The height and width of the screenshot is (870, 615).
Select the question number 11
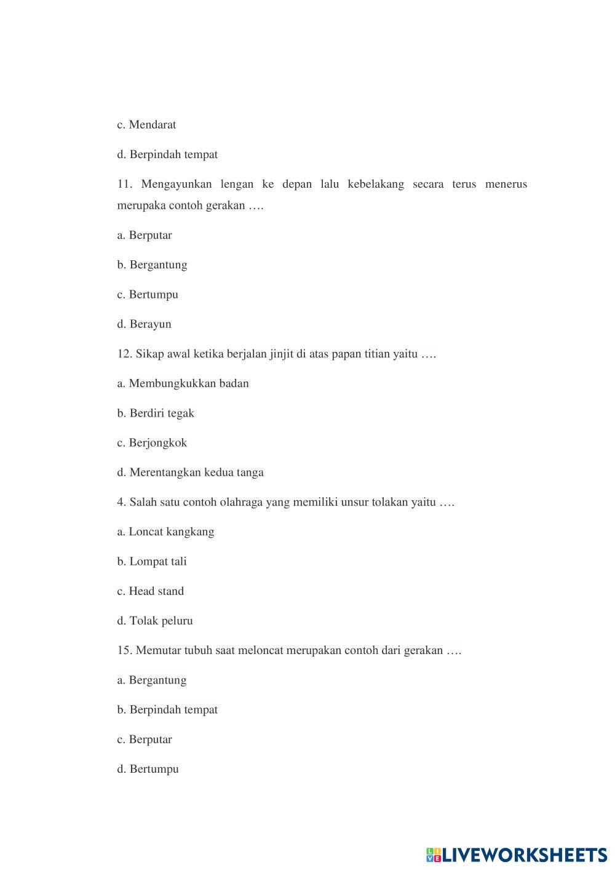click(x=125, y=184)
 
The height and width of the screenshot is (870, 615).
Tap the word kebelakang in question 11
click(x=375, y=184)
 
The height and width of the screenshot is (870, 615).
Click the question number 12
click(x=124, y=354)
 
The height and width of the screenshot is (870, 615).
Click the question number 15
click(x=124, y=650)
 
